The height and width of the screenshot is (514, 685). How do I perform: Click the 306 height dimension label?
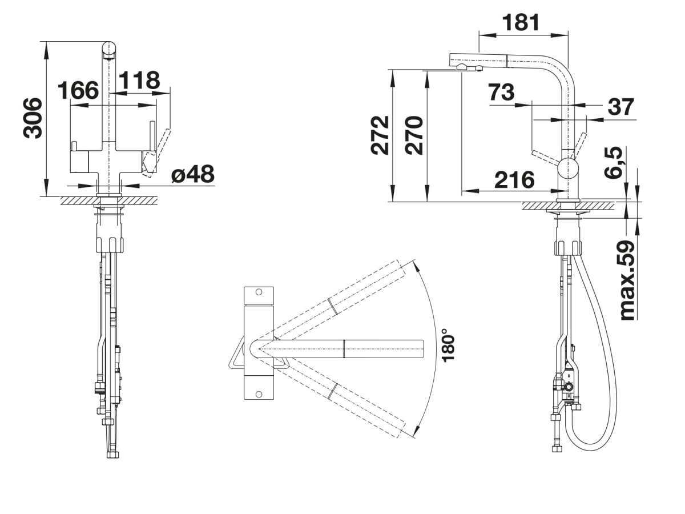32,118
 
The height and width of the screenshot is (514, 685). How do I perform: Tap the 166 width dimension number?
78,90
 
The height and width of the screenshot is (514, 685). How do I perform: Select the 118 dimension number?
139,80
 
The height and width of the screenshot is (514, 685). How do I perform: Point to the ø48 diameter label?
193,174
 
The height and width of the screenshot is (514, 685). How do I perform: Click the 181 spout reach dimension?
521,22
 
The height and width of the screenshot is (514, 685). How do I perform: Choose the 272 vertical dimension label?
380,135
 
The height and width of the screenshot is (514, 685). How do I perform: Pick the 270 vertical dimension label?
414,135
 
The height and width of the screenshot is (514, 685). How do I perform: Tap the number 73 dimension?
502,92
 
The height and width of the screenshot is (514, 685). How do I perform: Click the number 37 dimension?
620,107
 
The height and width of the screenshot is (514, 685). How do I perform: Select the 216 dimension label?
515,180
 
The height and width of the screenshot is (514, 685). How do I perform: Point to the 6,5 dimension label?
613,163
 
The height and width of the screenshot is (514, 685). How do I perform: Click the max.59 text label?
627,280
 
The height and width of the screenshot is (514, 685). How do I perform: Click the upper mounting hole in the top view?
259,292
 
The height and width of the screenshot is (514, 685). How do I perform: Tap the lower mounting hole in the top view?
259,394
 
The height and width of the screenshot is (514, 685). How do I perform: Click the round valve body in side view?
568,168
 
